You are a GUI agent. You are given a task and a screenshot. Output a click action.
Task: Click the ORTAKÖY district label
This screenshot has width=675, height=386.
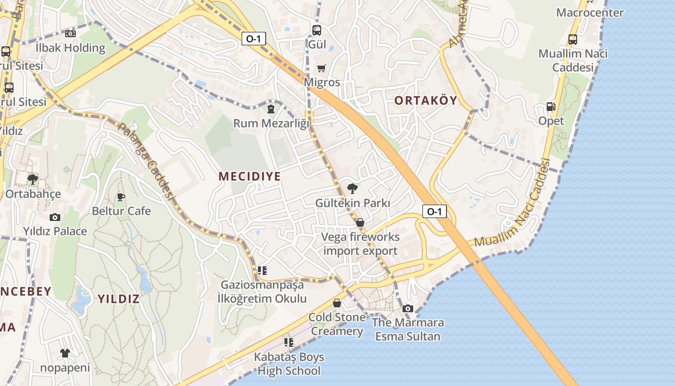tap(426, 100)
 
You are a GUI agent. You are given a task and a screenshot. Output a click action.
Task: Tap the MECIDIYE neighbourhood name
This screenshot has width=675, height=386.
tap(249, 177)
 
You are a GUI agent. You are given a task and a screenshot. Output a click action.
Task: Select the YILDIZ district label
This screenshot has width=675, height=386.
tap(119, 299)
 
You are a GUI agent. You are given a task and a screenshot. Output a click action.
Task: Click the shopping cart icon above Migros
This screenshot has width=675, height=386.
tap(322, 69)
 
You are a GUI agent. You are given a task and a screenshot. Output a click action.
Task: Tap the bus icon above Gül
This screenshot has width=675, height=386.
tap(317, 30)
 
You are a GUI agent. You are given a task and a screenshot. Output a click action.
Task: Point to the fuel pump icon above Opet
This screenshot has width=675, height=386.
tap(551, 107)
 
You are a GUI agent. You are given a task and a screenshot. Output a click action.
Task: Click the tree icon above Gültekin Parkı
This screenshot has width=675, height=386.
tap(352, 189)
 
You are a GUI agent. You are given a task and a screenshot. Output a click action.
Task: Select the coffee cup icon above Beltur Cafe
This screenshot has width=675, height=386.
tap(121, 197)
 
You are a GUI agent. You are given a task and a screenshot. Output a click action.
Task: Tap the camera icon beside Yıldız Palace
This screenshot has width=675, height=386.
tap(55, 217)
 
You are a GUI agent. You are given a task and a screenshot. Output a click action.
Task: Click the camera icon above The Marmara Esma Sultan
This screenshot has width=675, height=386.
tap(408, 308)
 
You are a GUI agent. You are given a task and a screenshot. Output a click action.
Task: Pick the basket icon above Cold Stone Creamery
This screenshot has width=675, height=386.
tap(337, 303)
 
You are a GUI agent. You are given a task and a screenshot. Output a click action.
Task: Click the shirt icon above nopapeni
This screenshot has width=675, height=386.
tap(65, 353)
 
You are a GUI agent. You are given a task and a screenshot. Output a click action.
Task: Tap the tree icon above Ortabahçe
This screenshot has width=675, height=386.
tap(33, 180)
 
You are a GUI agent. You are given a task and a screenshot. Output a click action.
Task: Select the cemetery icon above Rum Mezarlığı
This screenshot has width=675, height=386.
tap(271, 109)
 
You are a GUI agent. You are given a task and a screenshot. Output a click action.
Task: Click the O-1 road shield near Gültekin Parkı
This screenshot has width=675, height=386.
tap(434, 211)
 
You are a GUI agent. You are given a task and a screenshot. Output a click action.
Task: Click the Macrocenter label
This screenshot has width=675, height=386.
tap(590, 13)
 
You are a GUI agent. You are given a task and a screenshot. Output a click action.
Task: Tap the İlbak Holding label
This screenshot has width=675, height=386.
tap(70, 48)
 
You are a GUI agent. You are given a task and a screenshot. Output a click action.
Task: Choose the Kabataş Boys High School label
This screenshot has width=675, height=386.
tap(289, 364)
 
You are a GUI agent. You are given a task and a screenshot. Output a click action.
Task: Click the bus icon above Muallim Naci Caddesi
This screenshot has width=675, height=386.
tap(573, 40)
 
